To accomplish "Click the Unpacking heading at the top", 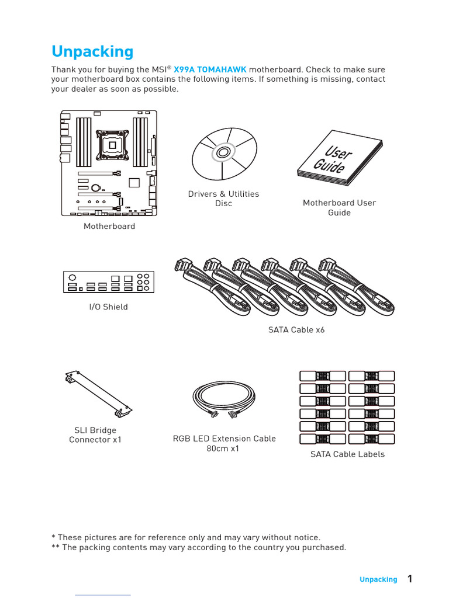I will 92,51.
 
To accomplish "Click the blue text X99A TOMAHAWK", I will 210,69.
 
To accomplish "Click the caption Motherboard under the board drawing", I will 109,226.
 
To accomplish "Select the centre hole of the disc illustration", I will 223,153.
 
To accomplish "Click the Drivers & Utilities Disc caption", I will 223,199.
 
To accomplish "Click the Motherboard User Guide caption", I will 339,207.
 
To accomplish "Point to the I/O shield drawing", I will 109,282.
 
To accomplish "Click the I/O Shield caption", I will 108,307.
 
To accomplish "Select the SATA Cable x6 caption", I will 296,330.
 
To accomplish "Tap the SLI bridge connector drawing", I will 98,394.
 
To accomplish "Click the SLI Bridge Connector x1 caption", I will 95,434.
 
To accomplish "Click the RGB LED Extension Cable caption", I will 224,443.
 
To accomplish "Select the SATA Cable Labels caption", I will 347,454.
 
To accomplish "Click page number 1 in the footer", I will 410,579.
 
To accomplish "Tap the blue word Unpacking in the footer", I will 378,579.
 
